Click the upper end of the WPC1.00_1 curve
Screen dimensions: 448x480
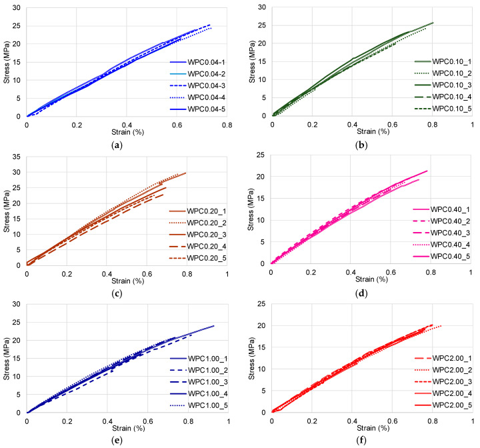[x=214, y=325]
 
